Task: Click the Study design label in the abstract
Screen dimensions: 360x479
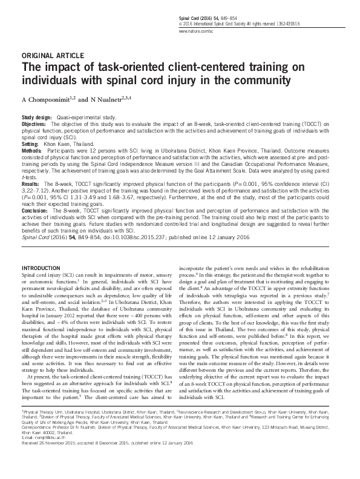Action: point(37,116)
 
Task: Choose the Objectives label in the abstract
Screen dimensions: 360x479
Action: point(34,122)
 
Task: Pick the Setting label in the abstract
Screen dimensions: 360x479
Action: point(31,146)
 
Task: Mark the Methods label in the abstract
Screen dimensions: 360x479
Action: point(32,152)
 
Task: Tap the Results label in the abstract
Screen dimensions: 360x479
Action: point(31,182)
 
